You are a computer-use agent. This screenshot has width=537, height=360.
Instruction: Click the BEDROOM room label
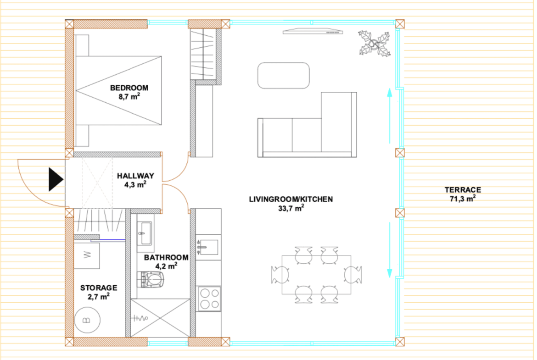pos(129,88)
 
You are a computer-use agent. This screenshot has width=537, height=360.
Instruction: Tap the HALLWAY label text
pos(135,176)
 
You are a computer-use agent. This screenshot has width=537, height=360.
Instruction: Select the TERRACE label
pos(463,190)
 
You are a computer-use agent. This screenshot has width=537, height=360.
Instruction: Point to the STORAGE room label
pos(99,288)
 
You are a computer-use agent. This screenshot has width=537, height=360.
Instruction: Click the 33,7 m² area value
pos(291,208)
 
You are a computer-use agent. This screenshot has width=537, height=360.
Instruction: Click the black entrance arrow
pos(56,179)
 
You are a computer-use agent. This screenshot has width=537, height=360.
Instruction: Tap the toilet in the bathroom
pos(151,280)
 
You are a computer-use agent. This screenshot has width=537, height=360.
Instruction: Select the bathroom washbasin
pos(145,233)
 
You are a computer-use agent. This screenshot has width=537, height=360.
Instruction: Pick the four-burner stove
pos(209,299)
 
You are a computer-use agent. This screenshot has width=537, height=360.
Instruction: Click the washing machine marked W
pos(87,255)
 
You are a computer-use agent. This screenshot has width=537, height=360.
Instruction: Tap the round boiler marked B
pos(87,320)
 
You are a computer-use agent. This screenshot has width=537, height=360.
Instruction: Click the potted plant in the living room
pos(375,44)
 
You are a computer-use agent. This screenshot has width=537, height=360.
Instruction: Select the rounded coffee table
pos(284,75)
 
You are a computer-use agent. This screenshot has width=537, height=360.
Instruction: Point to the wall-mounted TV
pos(313,32)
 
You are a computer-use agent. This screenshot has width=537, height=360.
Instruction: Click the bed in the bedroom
pos(118,90)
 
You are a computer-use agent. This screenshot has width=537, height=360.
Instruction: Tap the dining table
pos(316,275)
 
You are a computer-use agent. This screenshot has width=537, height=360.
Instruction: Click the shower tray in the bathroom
pos(160,318)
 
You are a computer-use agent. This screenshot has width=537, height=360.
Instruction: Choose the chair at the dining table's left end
pos(280,275)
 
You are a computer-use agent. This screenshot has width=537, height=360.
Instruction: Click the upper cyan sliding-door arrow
pos(389,116)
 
